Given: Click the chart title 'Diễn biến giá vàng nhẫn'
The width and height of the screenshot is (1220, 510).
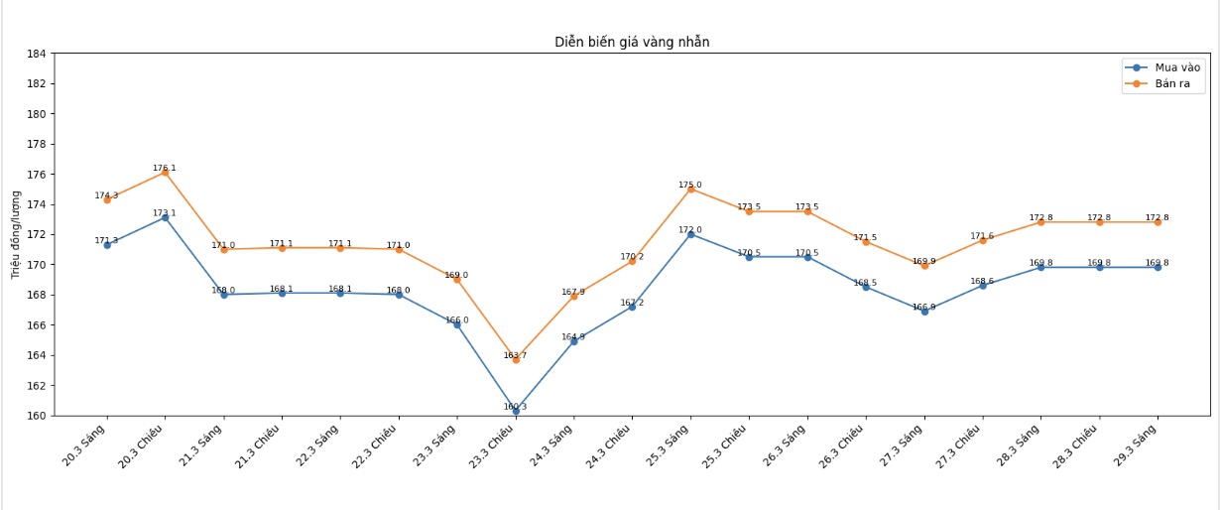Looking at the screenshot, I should click(x=632, y=42).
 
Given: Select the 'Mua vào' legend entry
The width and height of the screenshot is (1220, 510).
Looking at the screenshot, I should click(x=1176, y=67).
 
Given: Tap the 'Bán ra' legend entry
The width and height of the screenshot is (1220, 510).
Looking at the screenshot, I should click(x=1171, y=84).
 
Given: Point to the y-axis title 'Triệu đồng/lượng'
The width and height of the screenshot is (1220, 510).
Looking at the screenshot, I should click(x=16, y=234).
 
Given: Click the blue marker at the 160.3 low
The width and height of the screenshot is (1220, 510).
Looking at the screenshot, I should click(x=516, y=411).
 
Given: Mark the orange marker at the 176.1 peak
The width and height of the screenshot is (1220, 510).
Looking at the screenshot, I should click(x=165, y=173).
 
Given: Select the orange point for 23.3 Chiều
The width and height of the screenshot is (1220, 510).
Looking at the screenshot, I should click(x=516, y=360).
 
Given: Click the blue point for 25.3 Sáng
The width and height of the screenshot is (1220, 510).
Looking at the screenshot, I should click(x=690, y=234).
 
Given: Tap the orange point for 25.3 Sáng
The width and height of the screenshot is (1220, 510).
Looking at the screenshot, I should click(x=690, y=190).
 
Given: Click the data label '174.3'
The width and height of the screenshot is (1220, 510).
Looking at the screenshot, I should click(x=106, y=195).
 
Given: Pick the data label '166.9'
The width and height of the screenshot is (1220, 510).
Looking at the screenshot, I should click(x=923, y=307).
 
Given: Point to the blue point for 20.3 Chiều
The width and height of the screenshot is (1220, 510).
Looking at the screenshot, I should click(x=165, y=217).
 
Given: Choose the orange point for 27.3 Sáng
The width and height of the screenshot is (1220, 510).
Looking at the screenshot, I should click(x=924, y=266).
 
